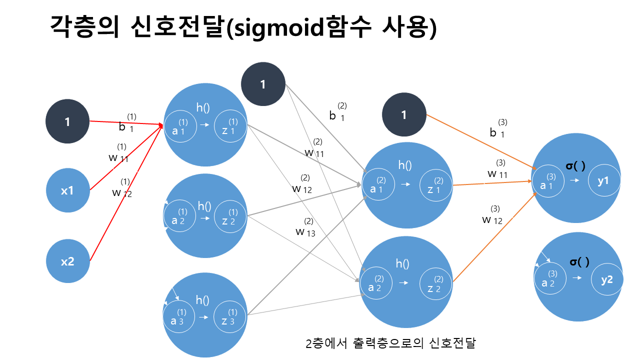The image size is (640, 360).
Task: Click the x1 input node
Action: [x=67, y=190]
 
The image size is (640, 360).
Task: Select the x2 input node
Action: [x=67, y=261]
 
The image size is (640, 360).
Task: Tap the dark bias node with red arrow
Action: [x=67, y=121]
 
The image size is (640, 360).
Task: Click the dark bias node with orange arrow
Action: [x=404, y=115]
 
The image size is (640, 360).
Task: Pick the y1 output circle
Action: [x=603, y=180]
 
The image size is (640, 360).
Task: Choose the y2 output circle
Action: [x=607, y=279]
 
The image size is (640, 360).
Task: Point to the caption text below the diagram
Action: [x=390, y=343]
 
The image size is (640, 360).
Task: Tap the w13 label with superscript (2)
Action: [x=306, y=228]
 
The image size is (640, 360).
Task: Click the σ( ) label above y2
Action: [x=579, y=261]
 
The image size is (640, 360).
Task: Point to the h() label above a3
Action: [x=202, y=300]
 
